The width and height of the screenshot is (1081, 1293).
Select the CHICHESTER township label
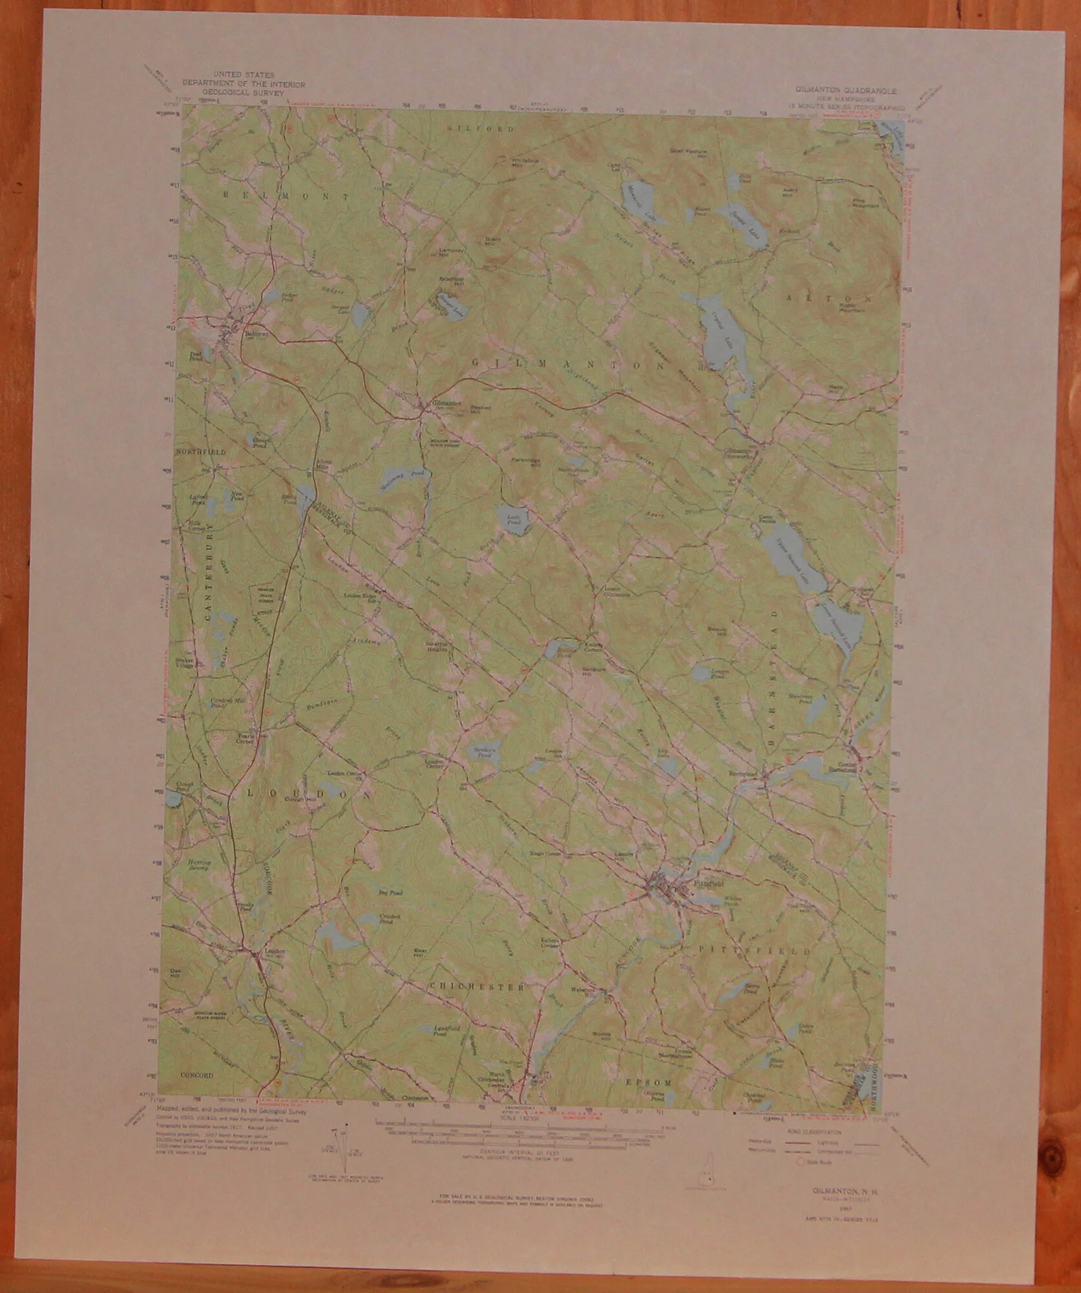tap(477, 987)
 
